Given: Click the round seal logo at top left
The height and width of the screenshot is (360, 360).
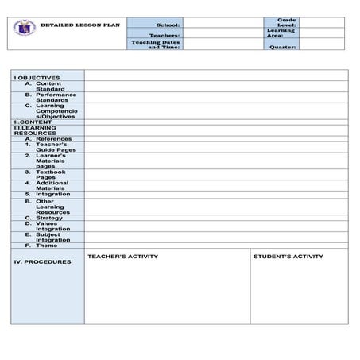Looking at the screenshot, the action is tap(23, 29).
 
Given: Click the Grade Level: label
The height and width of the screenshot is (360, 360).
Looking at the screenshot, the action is tap(287, 22).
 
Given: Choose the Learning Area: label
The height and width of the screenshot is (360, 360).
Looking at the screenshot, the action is tap(286, 33).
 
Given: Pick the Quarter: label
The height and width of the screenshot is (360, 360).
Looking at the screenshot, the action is tap(283, 47).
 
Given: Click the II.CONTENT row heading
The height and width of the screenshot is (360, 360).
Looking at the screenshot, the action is tap(33, 122).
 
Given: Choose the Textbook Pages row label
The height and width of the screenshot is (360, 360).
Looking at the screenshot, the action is tap(51, 173).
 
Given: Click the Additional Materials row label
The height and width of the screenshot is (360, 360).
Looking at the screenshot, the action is tap(52, 184).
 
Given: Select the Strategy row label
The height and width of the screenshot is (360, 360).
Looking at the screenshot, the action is tap(49, 217).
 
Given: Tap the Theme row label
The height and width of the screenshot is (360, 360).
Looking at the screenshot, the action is tap(47, 245).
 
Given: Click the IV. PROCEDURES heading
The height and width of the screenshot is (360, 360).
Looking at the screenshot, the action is tap(42, 261).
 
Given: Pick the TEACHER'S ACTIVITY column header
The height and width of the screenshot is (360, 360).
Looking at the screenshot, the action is tap(122, 257).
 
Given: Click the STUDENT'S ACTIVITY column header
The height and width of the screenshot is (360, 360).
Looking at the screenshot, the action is tap(288, 257).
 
